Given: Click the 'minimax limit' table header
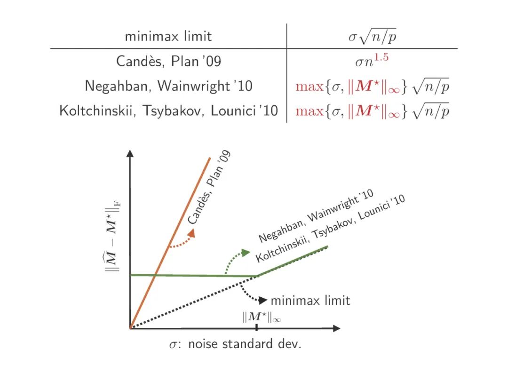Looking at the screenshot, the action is coord(168,36).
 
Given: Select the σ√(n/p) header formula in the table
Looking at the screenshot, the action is coord(372,36).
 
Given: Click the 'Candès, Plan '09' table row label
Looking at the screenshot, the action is coord(168,61).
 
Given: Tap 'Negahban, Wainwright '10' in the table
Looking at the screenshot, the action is coord(168,86).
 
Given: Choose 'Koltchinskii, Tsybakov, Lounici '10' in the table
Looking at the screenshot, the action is coord(168,111).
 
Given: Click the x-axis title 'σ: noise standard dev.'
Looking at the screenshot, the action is coord(235,344).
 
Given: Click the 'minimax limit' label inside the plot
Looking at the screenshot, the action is coord(310,300).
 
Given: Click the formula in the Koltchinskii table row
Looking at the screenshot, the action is coord(372,111).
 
